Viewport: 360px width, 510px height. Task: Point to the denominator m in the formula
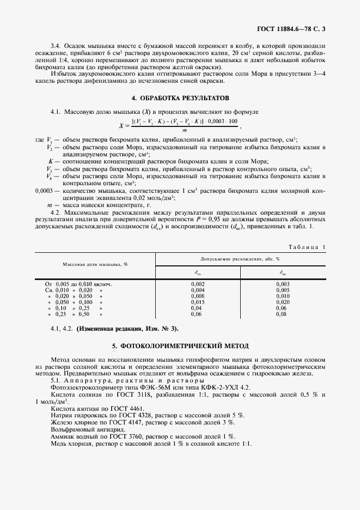(185, 130)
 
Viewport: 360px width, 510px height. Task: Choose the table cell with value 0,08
(282, 314)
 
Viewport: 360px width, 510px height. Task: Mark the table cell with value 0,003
(282, 284)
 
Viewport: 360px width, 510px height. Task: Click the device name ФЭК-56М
(148, 386)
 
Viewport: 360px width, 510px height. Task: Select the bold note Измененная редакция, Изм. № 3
(126, 329)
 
